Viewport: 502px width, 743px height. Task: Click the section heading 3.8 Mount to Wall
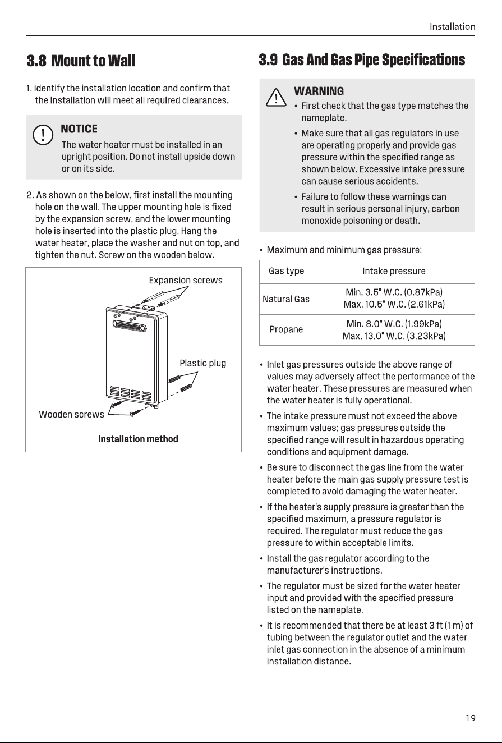point(81,61)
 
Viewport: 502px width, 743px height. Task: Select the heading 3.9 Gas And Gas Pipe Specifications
point(362,60)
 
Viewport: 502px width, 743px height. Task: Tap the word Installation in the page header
point(452,26)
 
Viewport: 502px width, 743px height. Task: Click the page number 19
point(470,718)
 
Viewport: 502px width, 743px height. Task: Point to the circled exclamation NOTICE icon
point(43,135)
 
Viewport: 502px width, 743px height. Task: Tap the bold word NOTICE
point(79,129)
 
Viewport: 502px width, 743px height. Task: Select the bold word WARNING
point(319,91)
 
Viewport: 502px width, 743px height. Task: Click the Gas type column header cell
point(287,271)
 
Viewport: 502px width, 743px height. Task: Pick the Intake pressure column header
point(394,271)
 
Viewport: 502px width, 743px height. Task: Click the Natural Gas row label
point(286,299)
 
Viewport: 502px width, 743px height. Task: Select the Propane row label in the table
point(286,329)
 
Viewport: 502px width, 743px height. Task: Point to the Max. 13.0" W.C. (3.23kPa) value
point(394,336)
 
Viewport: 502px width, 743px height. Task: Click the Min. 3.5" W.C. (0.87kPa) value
point(394,292)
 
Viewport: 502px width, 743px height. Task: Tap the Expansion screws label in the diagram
point(186,280)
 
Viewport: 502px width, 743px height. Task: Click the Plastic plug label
point(203,363)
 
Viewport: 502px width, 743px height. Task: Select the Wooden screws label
point(71,414)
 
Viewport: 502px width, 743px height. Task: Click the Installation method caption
point(138,439)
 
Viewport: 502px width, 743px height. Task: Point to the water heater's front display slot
point(130,326)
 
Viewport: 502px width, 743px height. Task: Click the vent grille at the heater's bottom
point(130,393)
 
